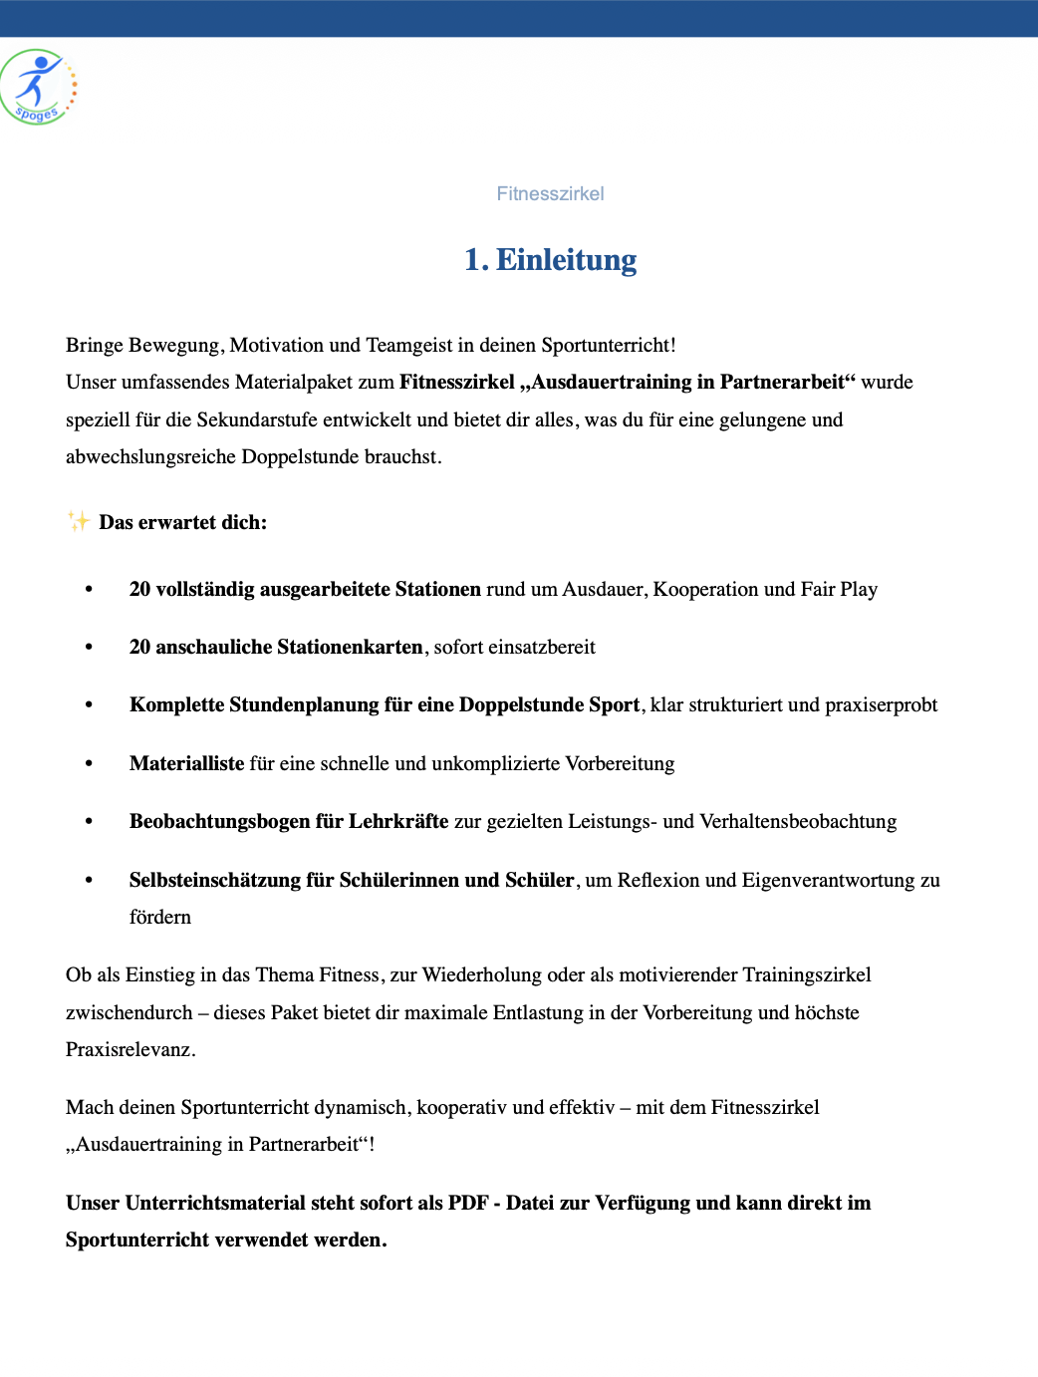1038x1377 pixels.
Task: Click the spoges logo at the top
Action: coord(38,87)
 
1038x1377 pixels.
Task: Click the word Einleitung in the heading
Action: coord(566,260)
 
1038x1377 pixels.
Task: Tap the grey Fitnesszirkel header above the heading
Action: coord(550,194)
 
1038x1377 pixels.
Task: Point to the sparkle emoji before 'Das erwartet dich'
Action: coord(79,521)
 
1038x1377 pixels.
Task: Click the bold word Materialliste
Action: coord(186,764)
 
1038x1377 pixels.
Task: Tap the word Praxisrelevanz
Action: coord(129,1050)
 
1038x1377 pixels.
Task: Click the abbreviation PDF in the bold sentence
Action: coord(467,1204)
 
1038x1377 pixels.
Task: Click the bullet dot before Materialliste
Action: coord(89,764)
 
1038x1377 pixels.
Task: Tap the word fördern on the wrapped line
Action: coord(159,918)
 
